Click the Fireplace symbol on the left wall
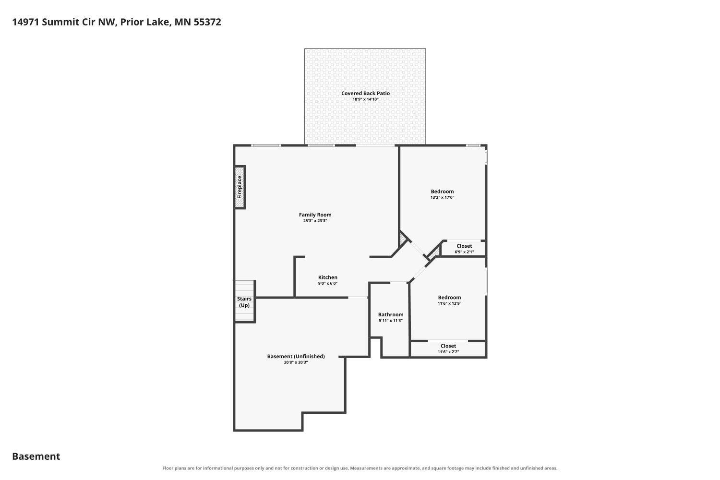[240, 187]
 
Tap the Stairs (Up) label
[244, 302]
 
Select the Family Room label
[315, 215]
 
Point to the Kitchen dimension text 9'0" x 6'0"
[327, 284]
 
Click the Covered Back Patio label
[365, 93]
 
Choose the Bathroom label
[391, 315]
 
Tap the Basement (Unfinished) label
[296, 356]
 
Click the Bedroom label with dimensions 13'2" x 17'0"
[442, 192]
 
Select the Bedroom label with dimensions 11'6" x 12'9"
[449, 298]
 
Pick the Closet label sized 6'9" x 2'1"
[464, 246]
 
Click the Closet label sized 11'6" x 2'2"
[448, 346]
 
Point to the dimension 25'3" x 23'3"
[315, 221]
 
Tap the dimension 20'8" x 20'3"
[296, 362]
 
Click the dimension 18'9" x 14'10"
[365, 99]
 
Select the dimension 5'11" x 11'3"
[391, 321]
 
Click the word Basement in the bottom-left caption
[36, 456]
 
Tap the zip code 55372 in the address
[207, 22]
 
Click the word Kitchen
[327, 277]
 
